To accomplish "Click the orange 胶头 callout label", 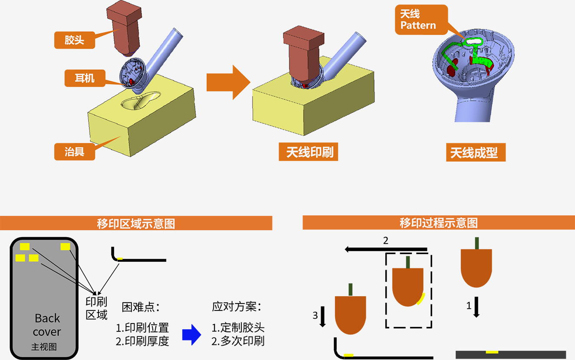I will [x=74, y=40].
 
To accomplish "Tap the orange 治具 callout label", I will [x=74, y=152].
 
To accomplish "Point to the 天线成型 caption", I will [x=476, y=153].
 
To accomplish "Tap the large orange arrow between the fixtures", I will [x=228, y=82].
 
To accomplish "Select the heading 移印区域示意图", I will [x=136, y=223].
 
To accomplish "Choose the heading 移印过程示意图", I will [x=438, y=223].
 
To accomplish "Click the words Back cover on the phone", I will [x=47, y=325].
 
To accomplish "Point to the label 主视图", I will [x=44, y=347].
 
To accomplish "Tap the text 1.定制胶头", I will [x=238, y=328].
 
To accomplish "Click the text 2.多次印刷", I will [x=238, y=341].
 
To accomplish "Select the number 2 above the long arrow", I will [x=386, y=241].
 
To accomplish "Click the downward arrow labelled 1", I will [x=476, y=307].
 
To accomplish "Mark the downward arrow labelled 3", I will [x=322, y=318].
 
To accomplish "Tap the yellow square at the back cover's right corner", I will [x=65, y=247].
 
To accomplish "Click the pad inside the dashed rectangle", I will [x=407, y=286].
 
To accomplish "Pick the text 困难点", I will [x=141, y=307].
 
